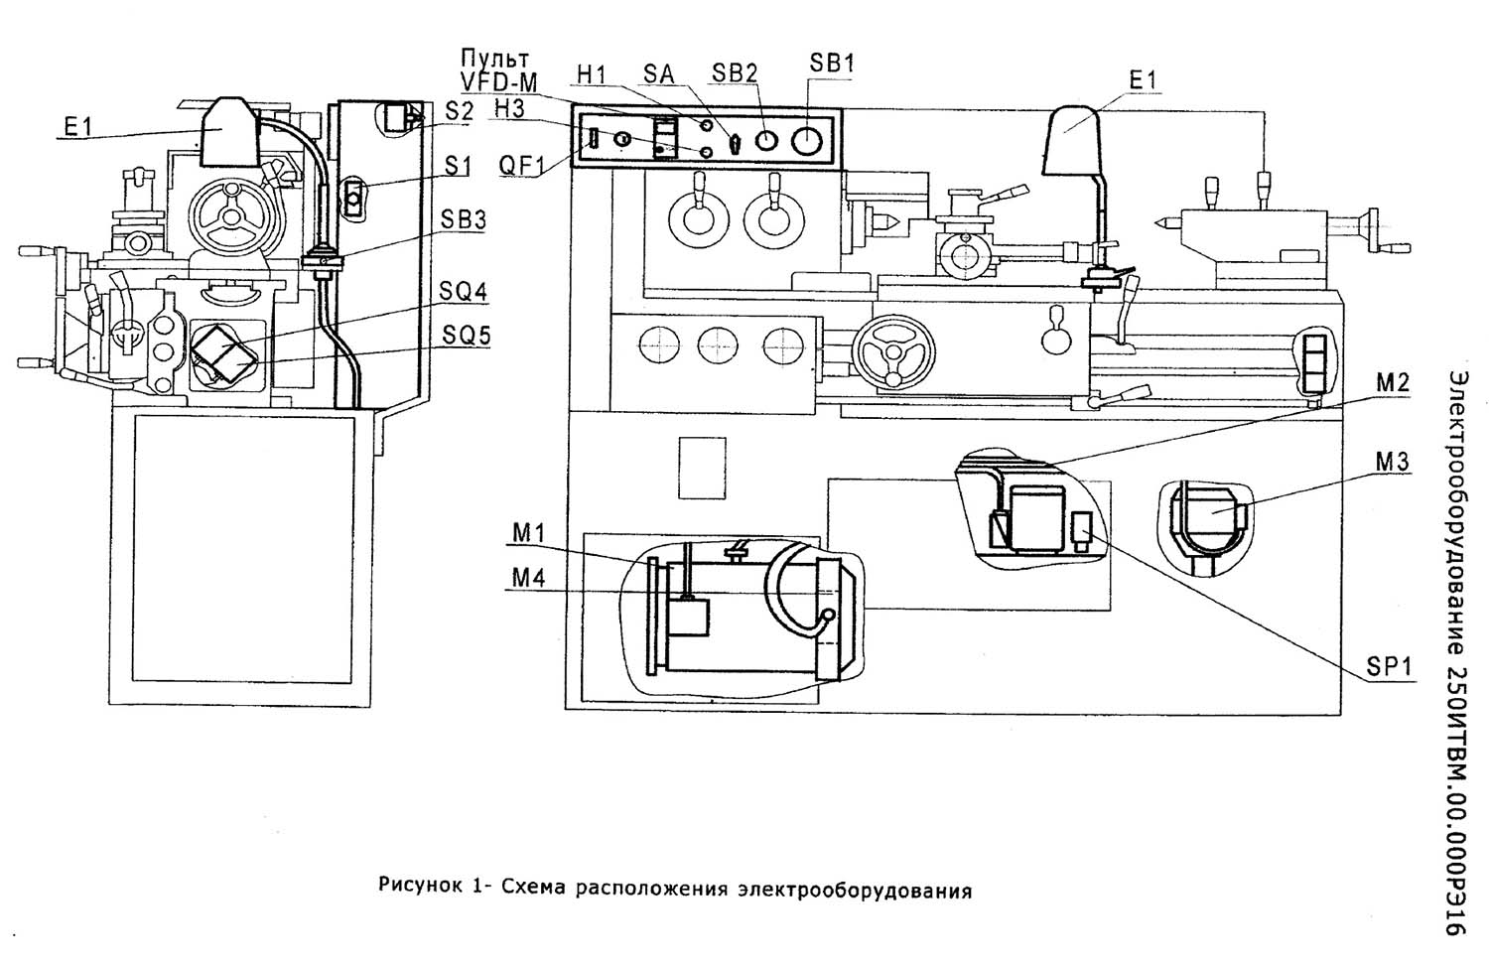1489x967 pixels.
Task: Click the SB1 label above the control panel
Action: point(832,63)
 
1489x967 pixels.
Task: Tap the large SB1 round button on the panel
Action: point(807,139)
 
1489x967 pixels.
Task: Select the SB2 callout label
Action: point(735,72)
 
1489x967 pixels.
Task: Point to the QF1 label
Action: point(520,165)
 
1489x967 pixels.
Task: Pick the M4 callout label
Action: point(529,577)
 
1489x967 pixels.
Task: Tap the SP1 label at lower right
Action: point(1389,667)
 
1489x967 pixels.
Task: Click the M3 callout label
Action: point(1392,462)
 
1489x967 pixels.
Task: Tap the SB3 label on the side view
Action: point(464,220)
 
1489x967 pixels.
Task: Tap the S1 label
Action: point(457,167)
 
